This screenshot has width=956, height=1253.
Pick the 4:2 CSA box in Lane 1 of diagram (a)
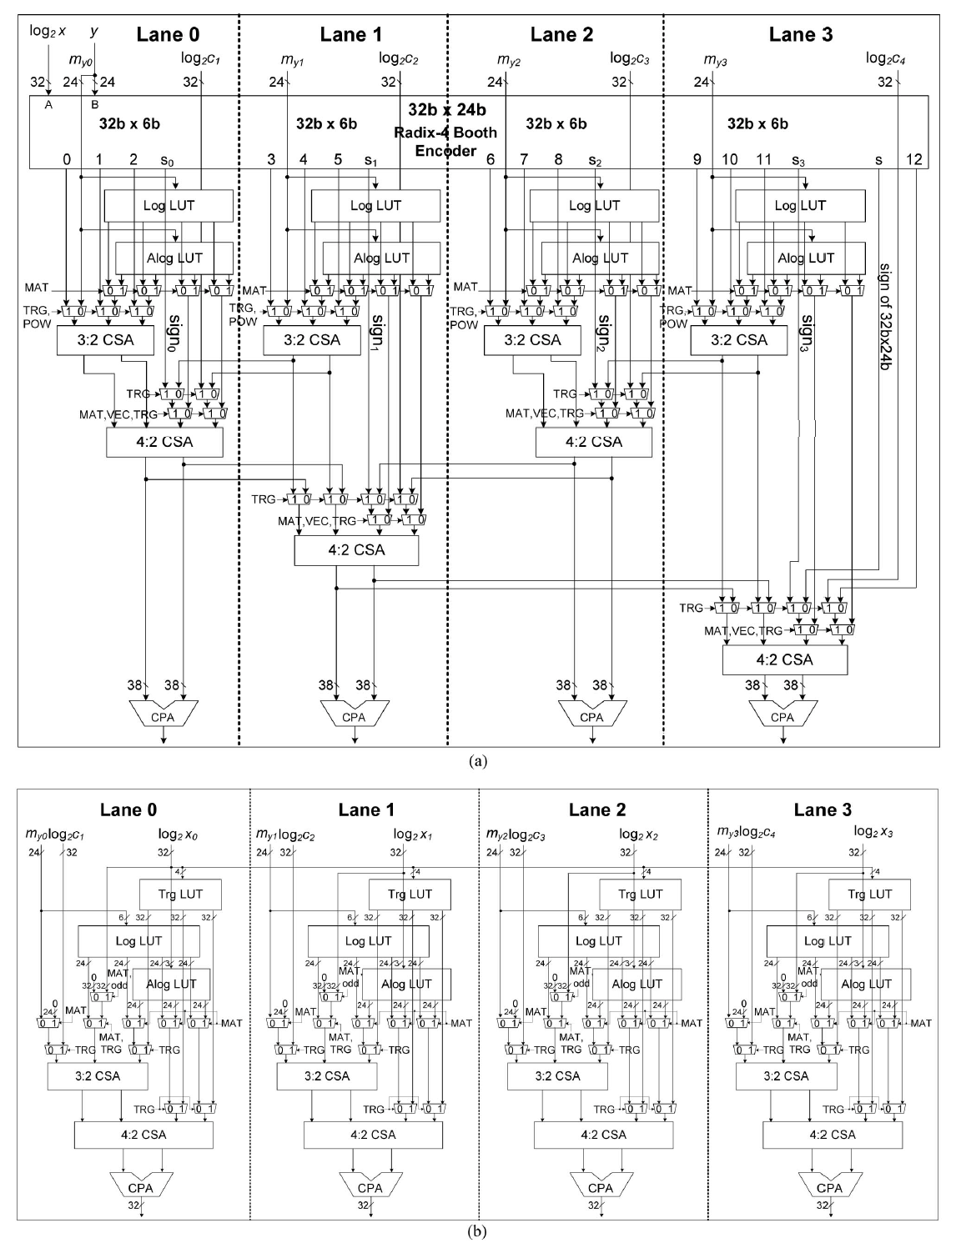tap(356, 549)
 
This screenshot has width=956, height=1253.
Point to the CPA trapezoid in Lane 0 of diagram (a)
tap(164, 716)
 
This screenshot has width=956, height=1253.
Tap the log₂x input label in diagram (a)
tap(48, 31)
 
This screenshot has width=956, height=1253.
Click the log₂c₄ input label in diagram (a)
tap(885, 58)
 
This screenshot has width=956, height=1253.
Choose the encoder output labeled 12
tap(914, 159)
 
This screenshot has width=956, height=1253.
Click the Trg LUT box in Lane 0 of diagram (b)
tap(179, 894)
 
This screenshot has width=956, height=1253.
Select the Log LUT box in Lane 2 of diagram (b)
tap(597, 940)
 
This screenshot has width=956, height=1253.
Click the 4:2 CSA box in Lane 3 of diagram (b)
tap(832, 1134)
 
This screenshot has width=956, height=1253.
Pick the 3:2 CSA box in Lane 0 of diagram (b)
tap(97, 1075)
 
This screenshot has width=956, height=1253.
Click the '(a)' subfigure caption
tap(477, 759)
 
